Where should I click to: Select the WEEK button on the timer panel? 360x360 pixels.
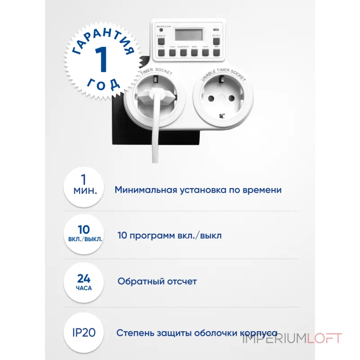194,52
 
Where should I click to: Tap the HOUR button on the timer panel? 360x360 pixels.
206,52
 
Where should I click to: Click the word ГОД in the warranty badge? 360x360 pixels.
103,84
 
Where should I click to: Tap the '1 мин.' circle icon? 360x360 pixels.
85,189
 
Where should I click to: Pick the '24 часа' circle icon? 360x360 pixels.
85,281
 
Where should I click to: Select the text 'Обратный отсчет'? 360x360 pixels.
157,281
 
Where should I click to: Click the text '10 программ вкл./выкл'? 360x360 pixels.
169,235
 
